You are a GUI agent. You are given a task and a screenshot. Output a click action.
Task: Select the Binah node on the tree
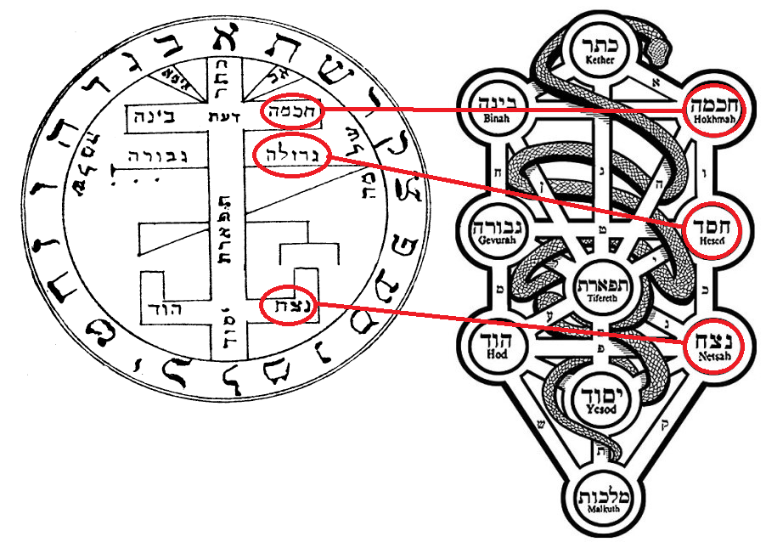click(487, 106)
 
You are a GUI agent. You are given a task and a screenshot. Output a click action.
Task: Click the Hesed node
click(712, 229)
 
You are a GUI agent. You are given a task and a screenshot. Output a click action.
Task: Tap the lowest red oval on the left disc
click(287, 307)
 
